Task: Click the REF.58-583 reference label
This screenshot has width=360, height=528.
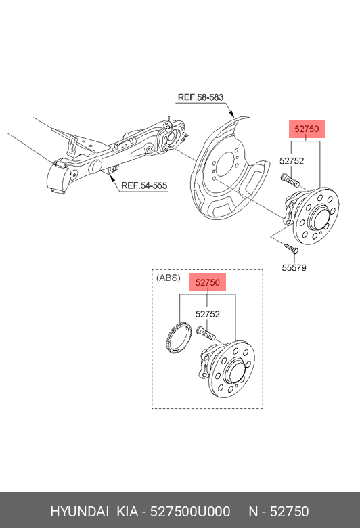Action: coord(200,97)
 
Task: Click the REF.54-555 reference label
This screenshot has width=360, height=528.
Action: coord(144,185)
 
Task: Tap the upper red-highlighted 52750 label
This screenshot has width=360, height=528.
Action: coord(307,129)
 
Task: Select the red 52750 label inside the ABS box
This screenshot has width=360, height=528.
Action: coord(208,282)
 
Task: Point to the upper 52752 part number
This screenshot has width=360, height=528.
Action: coord(292,161)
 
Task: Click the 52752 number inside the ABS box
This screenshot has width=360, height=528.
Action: coord(208,314)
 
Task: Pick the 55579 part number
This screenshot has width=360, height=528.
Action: coord(294,267)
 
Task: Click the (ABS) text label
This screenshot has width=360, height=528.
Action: coord(168,278)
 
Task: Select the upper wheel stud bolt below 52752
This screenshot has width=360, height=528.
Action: coord(289,180)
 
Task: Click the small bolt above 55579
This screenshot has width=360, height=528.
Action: coord(290,248)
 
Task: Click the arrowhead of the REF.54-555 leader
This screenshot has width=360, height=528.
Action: coord(112,175)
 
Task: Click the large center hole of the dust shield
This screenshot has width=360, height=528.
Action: coord(225,164)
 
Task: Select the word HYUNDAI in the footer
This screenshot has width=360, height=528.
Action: coord(79,512)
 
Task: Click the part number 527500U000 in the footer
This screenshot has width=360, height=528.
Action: coord(190,512)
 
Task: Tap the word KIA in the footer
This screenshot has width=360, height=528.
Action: coord(127,512)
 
